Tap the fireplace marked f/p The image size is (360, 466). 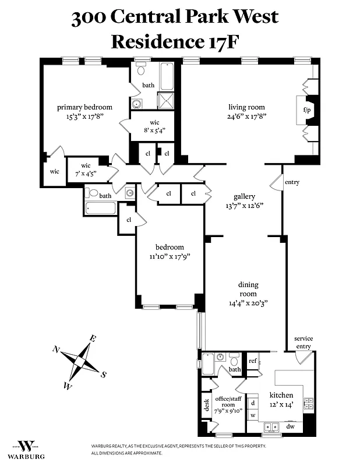(x=305, y=110)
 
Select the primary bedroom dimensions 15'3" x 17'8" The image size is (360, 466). (x=84, y=116)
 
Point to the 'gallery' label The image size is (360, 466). (x=245, y=196)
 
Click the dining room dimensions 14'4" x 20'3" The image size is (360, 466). (x=248, y=303)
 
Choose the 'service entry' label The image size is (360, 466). (x=303, y=342)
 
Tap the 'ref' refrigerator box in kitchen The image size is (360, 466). (x=253, y=361)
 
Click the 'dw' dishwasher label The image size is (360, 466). (x=290, y=426)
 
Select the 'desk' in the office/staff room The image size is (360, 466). (x=206, y=405)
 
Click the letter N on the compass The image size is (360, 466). (x=56, y=349)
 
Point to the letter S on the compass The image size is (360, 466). (x=103, y=375)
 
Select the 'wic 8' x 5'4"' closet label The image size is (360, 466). (x=154, y=126)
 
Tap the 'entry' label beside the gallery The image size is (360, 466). (x=292, y=182)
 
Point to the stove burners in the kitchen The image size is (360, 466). (x=308, y=403)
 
